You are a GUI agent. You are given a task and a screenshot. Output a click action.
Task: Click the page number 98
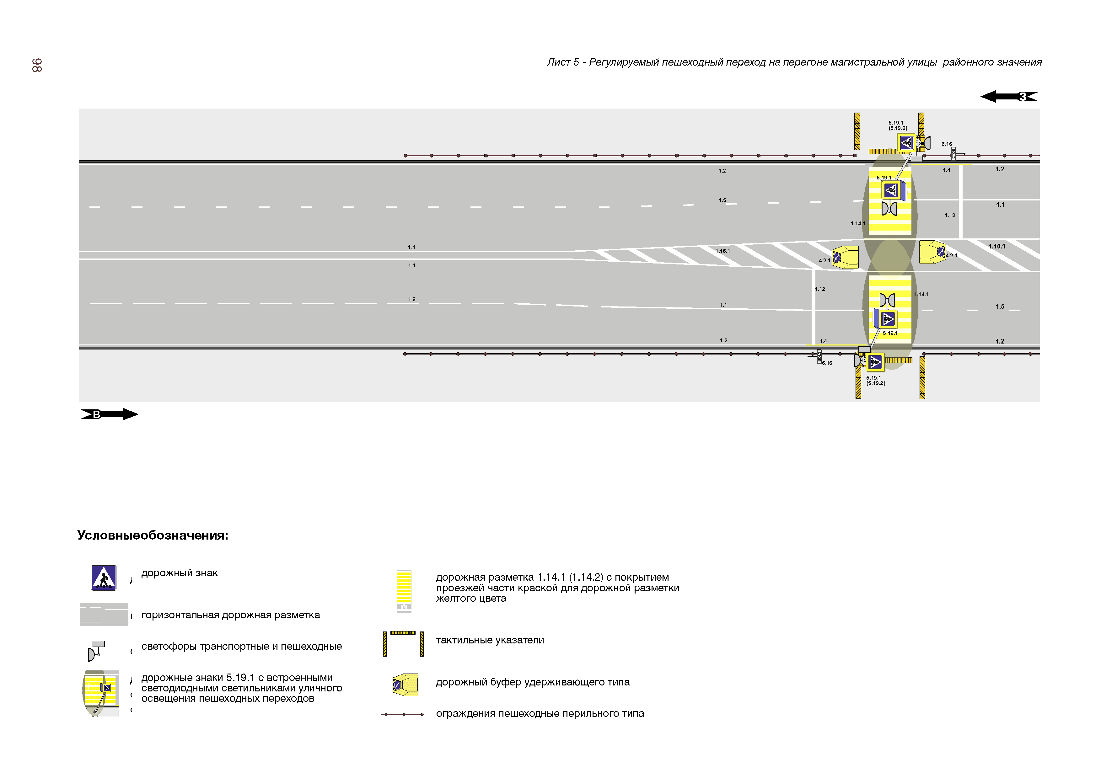click(x=37, y=65)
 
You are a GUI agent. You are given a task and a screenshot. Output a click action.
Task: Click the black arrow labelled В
click(x=109, y=414)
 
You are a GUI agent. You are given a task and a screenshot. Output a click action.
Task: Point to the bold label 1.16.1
click(x=996, y=246)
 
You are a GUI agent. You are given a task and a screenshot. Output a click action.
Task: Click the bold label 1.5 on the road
click(x=1000, y=307)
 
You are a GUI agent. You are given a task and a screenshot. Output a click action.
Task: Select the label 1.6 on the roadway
click(x=412, y=300)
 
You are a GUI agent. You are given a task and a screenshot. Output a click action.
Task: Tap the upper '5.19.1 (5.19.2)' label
click(x=897, y=125)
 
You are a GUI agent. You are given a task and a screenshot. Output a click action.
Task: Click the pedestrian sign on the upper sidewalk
click(x=906, y=142)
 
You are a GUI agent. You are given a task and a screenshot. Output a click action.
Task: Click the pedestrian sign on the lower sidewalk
click(x=875, y=362)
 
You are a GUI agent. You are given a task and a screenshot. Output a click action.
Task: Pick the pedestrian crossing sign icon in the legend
click(x=104, y=578)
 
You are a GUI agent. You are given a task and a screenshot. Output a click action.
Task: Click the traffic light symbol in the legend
click(x=96, y=651)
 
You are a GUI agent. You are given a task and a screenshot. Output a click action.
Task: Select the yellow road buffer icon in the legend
click(x=405, y=685)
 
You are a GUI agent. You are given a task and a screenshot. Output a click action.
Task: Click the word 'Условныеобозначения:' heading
click(x=153, y=536)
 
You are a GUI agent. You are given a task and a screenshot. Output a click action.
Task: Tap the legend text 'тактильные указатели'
click(x=490, y=640)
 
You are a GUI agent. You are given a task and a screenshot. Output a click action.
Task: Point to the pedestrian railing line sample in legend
click(x=402, y=715)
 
